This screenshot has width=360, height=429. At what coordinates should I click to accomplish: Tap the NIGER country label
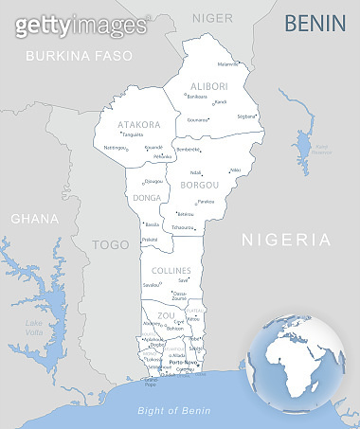click(211, 17)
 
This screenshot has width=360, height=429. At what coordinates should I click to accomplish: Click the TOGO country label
click(110, 244)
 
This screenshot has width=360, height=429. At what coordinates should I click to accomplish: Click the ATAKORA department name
click(138, 124)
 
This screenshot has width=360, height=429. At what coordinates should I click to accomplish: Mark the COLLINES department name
click(171, 271)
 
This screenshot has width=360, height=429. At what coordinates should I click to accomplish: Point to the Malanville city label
click(227, 64)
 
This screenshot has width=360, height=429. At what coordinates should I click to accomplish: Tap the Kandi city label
click(220, 101)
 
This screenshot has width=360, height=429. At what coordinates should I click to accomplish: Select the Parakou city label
click(205, 202)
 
